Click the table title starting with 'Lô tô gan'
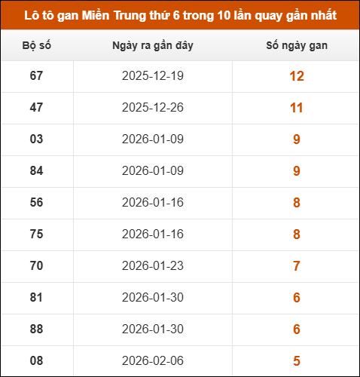coord(180,15)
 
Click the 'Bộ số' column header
coord(36,46)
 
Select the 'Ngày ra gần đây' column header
coord(152,46)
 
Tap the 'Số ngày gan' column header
coord(296,46)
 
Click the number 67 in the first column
coord(36,76)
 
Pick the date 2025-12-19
coord(152,76)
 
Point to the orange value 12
coord(296,76)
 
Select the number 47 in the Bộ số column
coord(36,108)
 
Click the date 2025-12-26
coord(152,108)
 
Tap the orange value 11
coord(296,108)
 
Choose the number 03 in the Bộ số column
coord(36,139)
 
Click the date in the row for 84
coord(152,171)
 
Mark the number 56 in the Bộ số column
coord(36,203)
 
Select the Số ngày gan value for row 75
coord(296,234)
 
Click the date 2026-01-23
coord(152,266)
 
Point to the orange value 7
coord(296,266)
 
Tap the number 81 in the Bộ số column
coord(36,298)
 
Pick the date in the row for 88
coord(152,329)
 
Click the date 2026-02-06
coord(152,360)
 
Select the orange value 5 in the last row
coord(296,360)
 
